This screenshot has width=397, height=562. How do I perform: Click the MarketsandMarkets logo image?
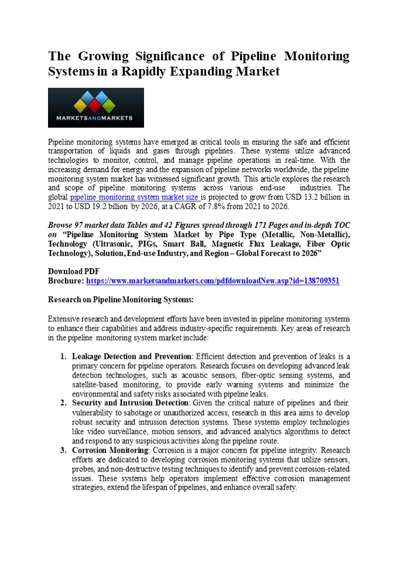pyautogui.click(x=95, y=108)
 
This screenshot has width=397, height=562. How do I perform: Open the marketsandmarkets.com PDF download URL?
pyautogui.click(x=213, y=281)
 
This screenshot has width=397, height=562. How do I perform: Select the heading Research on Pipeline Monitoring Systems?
pyautogui.click(x=120, y=300)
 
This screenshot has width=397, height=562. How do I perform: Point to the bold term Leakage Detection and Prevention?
pyautogui.click(x=132, y=356)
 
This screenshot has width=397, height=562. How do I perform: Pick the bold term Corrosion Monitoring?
pyautogui.click(x=109, y=450)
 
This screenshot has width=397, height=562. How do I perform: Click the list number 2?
pyautogui.click(x=63, y=403)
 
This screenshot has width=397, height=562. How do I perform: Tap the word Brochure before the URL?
pyautogui.click(x=65, y=281)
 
